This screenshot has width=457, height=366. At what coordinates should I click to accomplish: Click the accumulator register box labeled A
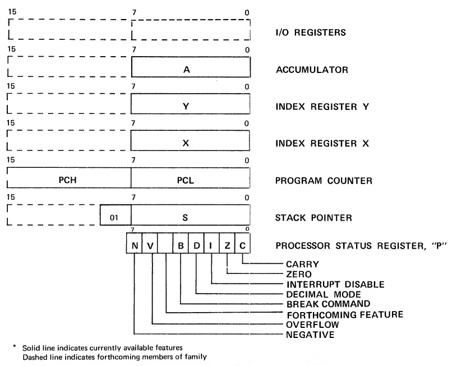click(x=191, y=70)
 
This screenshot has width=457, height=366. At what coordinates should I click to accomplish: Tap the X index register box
click(x=191, y=143)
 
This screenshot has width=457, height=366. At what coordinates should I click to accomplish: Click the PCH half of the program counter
click(x=68, y=181)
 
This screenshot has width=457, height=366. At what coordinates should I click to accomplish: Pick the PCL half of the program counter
click(x=191, y=181)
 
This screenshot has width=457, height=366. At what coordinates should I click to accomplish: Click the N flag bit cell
click(x=135, y=245)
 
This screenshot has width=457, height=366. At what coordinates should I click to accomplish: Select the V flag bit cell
click(x=150, y=245)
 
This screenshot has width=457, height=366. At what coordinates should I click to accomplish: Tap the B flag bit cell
click(x=181, y=245)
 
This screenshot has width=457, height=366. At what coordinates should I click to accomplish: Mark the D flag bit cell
click(x=196, y=245)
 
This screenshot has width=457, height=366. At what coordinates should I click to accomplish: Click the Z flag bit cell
click(x=227, y=245)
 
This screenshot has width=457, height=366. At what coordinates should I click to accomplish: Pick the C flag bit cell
click(x=242, y=245)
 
